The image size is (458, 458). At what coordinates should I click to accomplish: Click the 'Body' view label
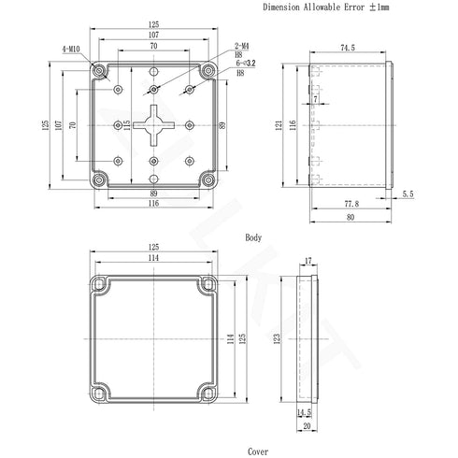[253, 238]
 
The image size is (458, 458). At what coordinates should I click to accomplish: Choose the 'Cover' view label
[258, 450]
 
